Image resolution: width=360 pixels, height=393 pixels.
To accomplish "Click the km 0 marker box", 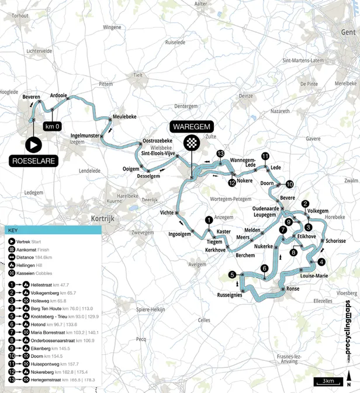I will click(53, 126).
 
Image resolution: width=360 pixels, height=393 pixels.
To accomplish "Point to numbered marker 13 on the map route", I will click(220, 154).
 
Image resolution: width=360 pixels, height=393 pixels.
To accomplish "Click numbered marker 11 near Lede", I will click(265, 156).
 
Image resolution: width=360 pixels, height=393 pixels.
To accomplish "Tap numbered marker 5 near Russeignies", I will click(233, 275).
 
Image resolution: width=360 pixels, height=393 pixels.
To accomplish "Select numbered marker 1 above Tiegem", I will click(208, 220).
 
